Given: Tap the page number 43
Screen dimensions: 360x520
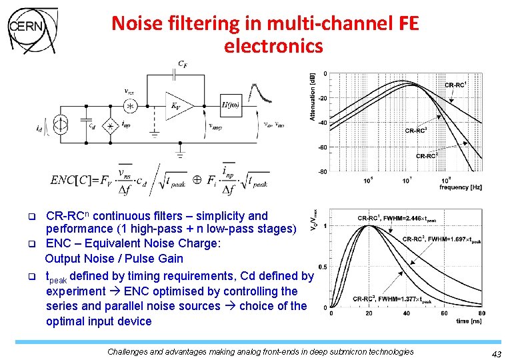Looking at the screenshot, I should tap(495, 354).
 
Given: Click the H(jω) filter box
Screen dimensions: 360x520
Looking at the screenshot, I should tap(231, 105).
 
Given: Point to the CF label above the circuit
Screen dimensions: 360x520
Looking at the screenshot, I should tap(182, 63).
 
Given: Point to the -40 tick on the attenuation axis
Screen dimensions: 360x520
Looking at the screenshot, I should tap(322, 122).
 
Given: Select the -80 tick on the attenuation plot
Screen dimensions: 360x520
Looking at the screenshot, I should tap(322, 171).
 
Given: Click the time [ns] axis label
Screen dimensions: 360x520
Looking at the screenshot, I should tap(469, 321).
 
